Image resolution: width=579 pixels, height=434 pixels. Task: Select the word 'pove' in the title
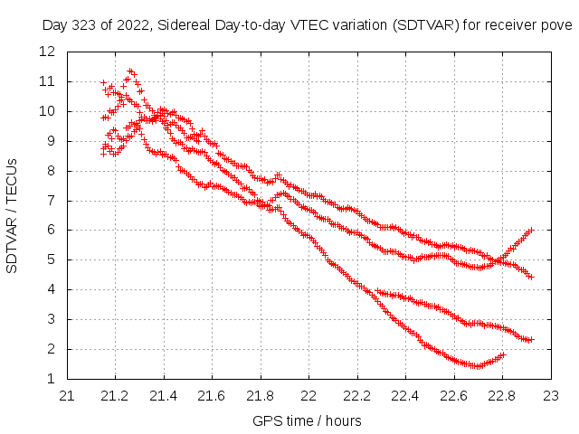tap(556, 24)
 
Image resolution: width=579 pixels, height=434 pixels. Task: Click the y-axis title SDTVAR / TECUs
tap(13, 214)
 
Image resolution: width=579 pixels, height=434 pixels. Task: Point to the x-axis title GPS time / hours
tap(308, 421)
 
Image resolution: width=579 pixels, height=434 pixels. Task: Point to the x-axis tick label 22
tap(308, 395)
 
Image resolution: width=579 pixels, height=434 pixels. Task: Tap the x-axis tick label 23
tap(550, 395)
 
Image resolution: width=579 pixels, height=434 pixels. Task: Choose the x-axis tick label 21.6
tap(212, 395)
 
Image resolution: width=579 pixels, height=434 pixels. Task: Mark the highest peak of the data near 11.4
tap(131, 70)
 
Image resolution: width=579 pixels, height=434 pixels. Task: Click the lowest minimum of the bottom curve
tap(476, 366)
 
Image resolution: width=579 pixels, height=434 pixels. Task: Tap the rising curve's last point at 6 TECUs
tap(532, 230)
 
